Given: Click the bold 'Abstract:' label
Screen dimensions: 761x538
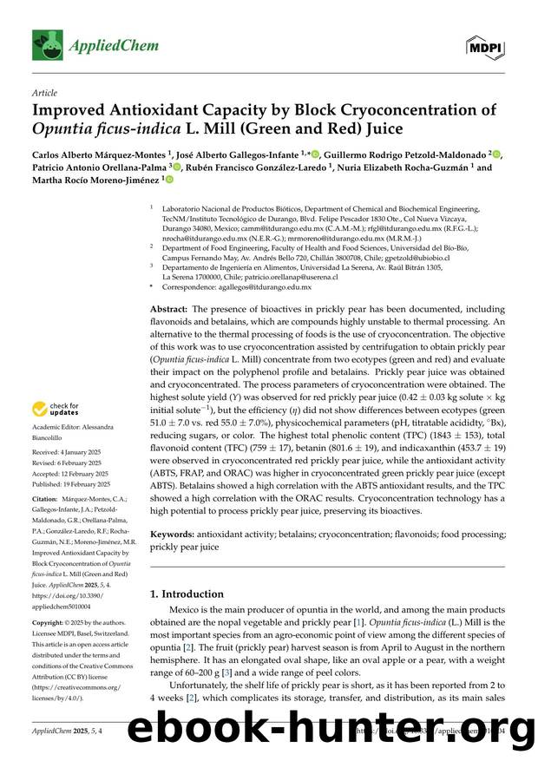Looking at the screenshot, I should click(x=168, y=309).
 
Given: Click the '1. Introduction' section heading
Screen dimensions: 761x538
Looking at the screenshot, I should click(x=187, y=594).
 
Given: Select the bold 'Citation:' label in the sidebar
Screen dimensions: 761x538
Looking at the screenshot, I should click(x=46, y=500).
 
